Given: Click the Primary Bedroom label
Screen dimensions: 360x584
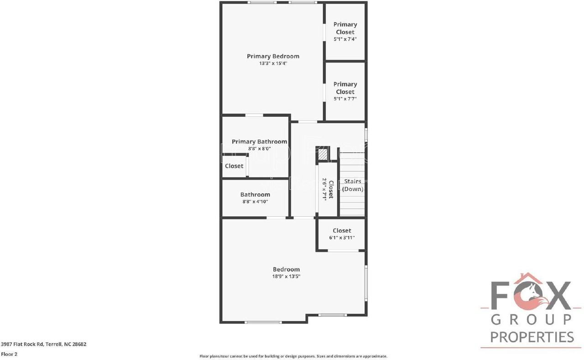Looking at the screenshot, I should [273, 56].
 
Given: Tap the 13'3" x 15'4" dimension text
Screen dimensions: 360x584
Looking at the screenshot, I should [273, 63].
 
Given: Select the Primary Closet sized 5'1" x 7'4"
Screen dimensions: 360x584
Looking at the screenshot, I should [345, 31].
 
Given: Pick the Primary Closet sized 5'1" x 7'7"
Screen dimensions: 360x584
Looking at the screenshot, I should [345, 91].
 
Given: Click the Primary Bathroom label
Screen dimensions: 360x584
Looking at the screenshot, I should [259, 141].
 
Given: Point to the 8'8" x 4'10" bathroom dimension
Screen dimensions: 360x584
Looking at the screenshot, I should [255, 201].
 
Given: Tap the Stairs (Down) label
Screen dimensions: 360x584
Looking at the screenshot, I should [353, 185].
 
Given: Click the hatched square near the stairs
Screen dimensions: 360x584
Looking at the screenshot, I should [323, 155].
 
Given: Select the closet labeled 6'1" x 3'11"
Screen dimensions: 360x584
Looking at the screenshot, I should [342, 234].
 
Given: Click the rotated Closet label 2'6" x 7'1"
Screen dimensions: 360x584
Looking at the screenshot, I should [328, 189].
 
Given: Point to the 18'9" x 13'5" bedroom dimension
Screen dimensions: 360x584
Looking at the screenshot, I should [286, 276].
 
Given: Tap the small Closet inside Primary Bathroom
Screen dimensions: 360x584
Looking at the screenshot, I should [234, 166].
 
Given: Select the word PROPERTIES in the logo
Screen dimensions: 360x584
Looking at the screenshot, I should [532, 337].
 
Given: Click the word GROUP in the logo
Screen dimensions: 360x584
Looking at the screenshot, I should [532, 319].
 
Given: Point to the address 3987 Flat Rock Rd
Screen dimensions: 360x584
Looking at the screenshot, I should [44, 344].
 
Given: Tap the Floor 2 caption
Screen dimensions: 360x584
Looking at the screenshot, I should [9, 354].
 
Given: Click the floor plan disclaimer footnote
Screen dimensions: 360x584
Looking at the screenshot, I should [293, 356].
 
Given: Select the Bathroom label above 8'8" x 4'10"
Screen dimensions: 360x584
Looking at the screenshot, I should [255, 194].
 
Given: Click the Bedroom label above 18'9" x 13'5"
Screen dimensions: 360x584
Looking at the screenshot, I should [286, 269].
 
